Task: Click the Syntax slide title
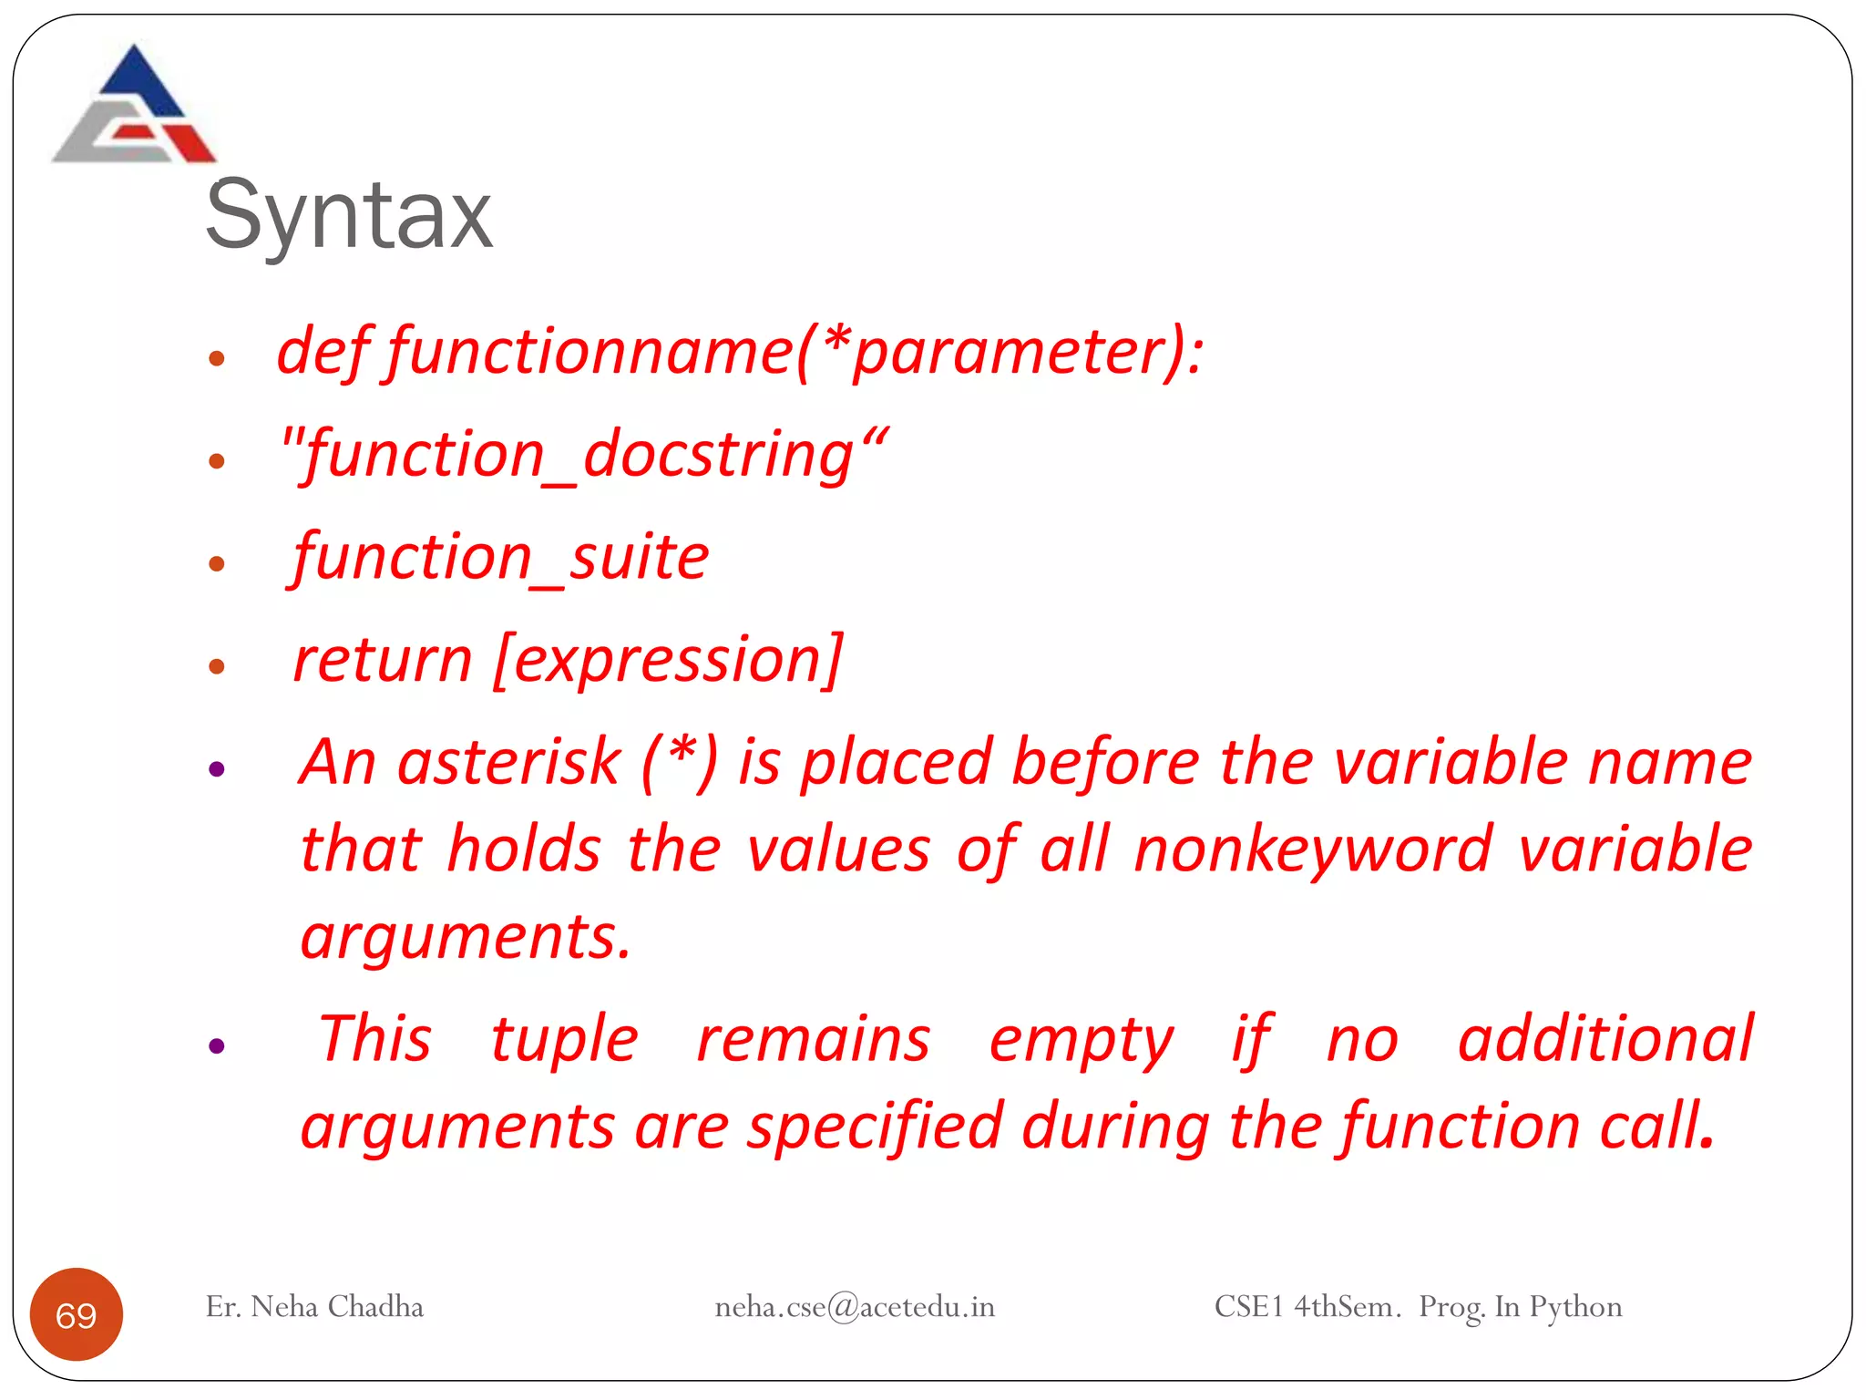pyautogui.click(x=349, y=216)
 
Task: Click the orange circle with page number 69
pyautogui.click(x=77, y=1314)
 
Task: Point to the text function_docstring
pyautogui.click(x=583, y=455)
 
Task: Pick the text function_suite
pyautogui.click(x=500, y=557)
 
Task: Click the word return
pyautogui.click(x=383, y=660)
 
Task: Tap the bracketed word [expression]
pyautogui.click(x=668, y=660)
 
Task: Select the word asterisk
pyautogui.click(x=508, y=762)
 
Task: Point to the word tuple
pyautogui.click(x=564, y=1039)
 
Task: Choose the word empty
pyautogui.click(x=1082, y=1041)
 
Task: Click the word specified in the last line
pyautogui.click(x=875, y=1127)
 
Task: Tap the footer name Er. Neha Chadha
pyautogui.click(x=314, y=1307)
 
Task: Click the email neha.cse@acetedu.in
pyautogui.click(x=855, y=1307)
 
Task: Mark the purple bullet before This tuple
pyautogui.click(x=217, y=1045)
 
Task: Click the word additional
pyautogui.click(x=1605, y=1039)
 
